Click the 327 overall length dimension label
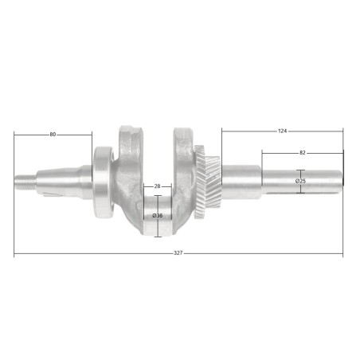tap(178, 253)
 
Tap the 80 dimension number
tap(53, 135)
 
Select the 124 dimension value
tap(282, 131)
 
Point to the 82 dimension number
tap(303, 153)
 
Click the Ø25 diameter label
tap(300, 181)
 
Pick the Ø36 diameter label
tap(158, 216)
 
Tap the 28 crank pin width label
tap(157, 186)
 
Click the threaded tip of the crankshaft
tap(25, 182)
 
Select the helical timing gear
tap(209, 182)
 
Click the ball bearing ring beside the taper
tap(103, 182)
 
